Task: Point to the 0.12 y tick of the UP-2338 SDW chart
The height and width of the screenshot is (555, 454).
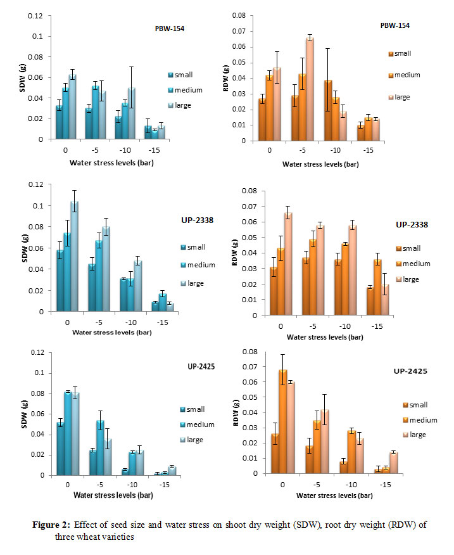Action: coord(38,184)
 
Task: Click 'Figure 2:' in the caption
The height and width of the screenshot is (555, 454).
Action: coord(51,524)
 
